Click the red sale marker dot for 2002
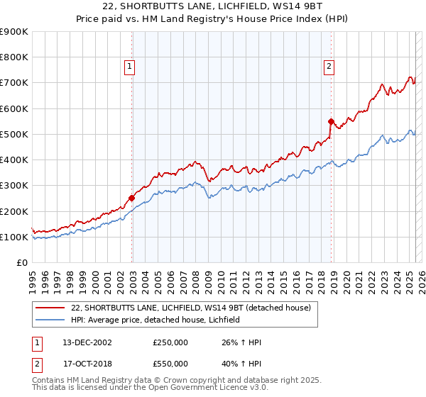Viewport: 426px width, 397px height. tap(132, 198)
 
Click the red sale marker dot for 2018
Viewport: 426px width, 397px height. tap(331, 121)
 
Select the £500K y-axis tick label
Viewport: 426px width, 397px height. tap(15, 134)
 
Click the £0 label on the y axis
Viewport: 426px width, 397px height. tap(22, 262)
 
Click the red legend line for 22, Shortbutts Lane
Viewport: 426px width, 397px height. tap(48, 308)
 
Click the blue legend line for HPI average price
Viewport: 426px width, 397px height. tap(48, 320)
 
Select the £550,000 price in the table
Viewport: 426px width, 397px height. tap(170, 363)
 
